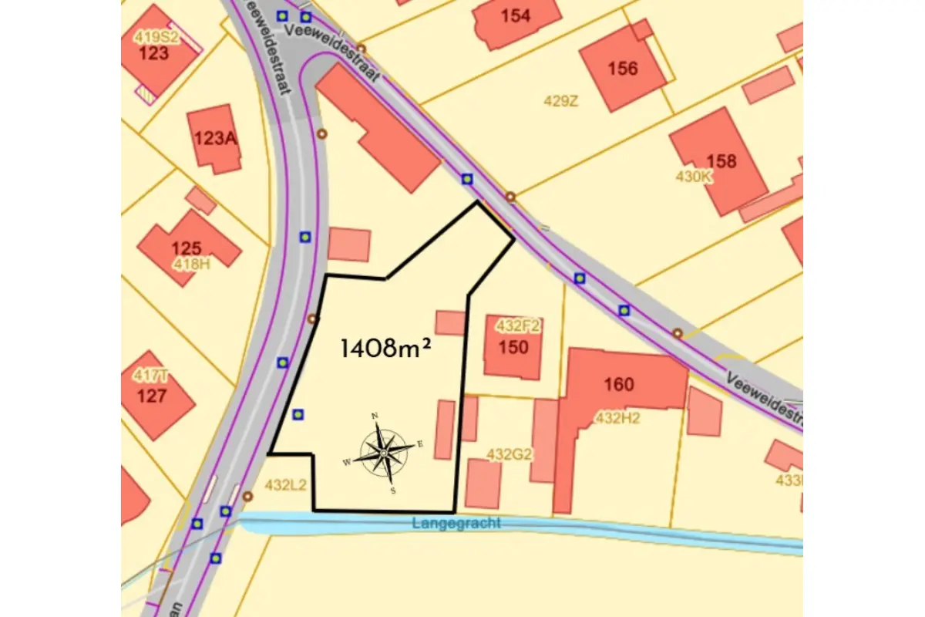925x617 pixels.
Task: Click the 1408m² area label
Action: (x=385, y=349)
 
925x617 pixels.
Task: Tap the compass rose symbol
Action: (x=384, y=452)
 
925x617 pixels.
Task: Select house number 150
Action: (x=513, y=347)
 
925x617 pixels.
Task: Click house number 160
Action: (x=619, y=384)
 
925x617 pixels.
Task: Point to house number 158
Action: (x=721, y=161)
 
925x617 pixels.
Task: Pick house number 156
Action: (x=623, y=69)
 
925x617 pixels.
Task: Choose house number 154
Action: (x=516, y=15)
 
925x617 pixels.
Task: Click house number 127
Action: (x=152, y=396)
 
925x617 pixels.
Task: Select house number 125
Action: (x=186, y=248)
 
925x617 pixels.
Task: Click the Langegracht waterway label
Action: (x=456, y=524)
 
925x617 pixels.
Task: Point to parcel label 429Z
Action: (x=560, y=101)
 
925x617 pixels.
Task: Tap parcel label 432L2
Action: (x=286, y=485)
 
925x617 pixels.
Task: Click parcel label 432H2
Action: (x=617, y=418)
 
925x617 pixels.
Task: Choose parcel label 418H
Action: (x=191, y=264)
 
